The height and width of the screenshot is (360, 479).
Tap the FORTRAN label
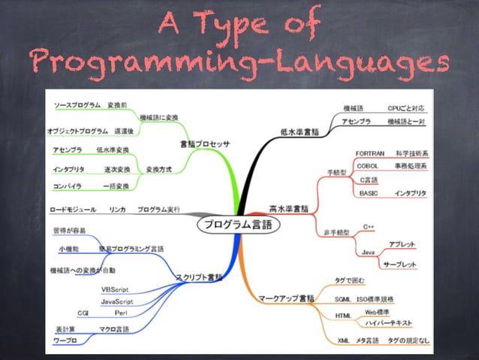[x=370, y=153]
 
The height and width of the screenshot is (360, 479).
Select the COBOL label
[x=367, y=165]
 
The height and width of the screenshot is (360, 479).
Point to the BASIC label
[x=368, y=193]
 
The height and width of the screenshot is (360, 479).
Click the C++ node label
[x=369, y=225]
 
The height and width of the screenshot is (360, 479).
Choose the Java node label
[x=368, y=252]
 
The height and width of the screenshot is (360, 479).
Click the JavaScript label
[x=117, y=301]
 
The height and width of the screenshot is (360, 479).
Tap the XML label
[x=342, y=340]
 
